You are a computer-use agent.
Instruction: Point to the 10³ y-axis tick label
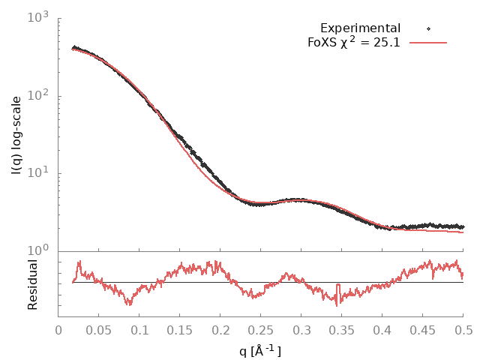point(37,16)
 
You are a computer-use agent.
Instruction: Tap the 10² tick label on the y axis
point(37,95)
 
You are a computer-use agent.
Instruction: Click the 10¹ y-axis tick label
point(37,173)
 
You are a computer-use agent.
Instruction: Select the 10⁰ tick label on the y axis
point(37,251)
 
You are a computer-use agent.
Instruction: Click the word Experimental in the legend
point(360,28)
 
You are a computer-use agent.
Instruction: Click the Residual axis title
point(33,285)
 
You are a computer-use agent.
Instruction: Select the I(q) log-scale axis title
point(16,135)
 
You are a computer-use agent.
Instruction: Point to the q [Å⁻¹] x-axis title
point(260,349)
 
